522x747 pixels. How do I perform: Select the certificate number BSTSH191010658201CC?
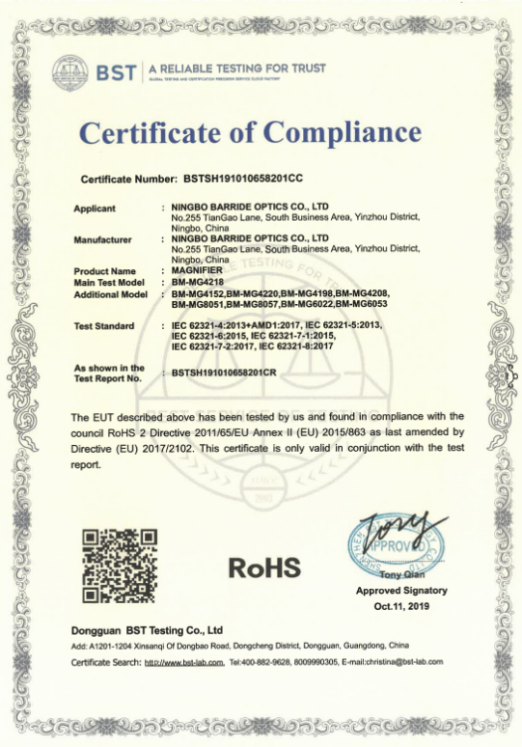pyautogui.click(x=243, y=180)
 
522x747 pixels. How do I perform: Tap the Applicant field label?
pyautogui.click(x=96, y=208)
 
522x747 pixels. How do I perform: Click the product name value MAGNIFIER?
pyautogui.click(x=196, y=271)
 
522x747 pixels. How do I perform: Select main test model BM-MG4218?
pyautogui.click(x=199, y=282)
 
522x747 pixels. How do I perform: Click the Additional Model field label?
pyautogui.click(x=110, y=293)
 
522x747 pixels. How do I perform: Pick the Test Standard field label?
pyautogui.click(x=105, y=326)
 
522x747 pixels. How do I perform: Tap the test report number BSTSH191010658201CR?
pyautogui.click(x=238, y=372)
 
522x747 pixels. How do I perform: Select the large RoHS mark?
pyautogui.click(x=264, y=568)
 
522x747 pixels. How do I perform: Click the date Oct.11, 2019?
pyautogui.click(x=401, y=604)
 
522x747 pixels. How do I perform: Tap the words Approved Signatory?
pyautogui.click(x=401, y=590)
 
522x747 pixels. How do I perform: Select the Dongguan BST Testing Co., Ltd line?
pyautogui.click(x=147, y=629)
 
